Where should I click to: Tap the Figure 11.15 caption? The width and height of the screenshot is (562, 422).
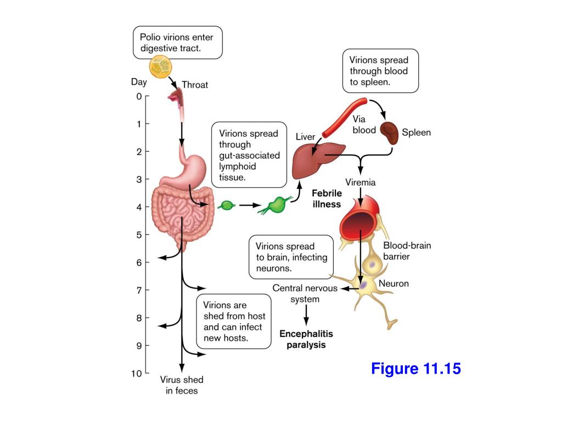(x=415, y=368)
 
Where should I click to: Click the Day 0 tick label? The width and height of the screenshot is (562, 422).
(x=139, y=96)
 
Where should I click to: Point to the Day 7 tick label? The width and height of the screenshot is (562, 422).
(x=139, y=290)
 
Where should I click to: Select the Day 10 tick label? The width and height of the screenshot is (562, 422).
(x=137, y=373)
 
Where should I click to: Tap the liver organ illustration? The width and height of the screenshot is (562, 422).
(x=318, y=160)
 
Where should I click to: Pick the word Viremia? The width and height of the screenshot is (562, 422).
(x=361, y=182)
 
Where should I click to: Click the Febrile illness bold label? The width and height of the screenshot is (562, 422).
(x=327, y=198)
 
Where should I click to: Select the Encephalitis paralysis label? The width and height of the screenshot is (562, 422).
(x=306, y=339)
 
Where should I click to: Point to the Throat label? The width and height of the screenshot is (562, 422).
(x=195, y=85)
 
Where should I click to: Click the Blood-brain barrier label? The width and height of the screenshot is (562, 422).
(x=407, y=251)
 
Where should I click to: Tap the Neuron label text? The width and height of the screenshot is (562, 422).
(x=394, y=284)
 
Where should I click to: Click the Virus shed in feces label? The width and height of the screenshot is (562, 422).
(x=182, y=385)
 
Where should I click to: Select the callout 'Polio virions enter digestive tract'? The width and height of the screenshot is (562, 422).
(x=178, y=42)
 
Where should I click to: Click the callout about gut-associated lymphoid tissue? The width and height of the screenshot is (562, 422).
(x=249, y=155)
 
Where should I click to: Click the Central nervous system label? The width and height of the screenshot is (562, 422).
(x=305, y=293)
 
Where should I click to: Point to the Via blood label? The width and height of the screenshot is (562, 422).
(x=364, y=124)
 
